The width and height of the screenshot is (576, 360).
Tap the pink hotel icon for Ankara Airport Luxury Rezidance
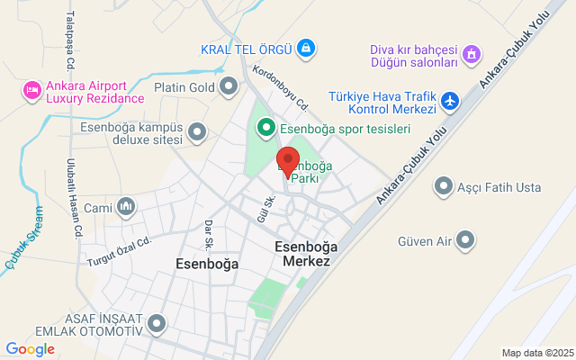(31, 91)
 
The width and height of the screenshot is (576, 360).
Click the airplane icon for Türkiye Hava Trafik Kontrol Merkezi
(451, 102)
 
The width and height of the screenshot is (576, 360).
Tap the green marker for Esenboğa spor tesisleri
(266, 128)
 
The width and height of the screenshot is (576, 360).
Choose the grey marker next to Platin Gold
(229, 86)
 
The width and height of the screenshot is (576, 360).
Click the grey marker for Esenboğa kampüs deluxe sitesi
(198, 134)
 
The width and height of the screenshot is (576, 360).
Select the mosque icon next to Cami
(126, 208)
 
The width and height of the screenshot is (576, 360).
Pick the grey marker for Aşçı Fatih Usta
(443, 186)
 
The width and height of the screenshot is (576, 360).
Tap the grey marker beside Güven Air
(465, 240)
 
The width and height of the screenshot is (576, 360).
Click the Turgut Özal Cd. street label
(117, 251)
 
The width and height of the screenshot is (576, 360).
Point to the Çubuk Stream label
(23, 248)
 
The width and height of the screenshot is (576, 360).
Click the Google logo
(30, 348)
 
